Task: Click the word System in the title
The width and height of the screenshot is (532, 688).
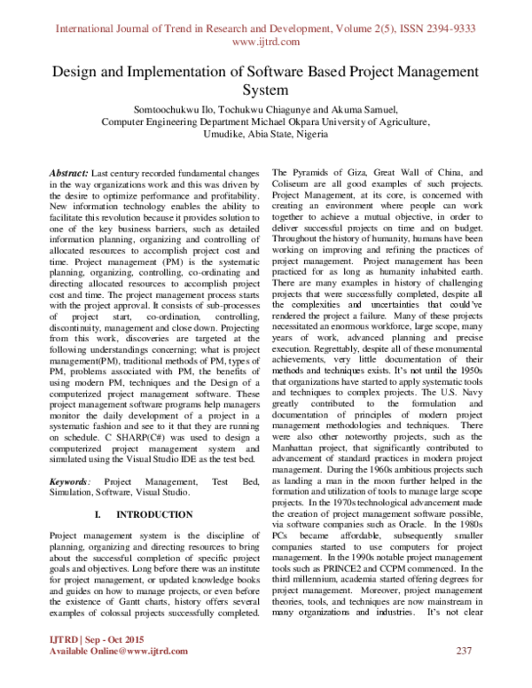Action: click(x=266, y=90)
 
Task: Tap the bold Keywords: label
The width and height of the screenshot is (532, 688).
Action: click(x=73, y=480)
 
